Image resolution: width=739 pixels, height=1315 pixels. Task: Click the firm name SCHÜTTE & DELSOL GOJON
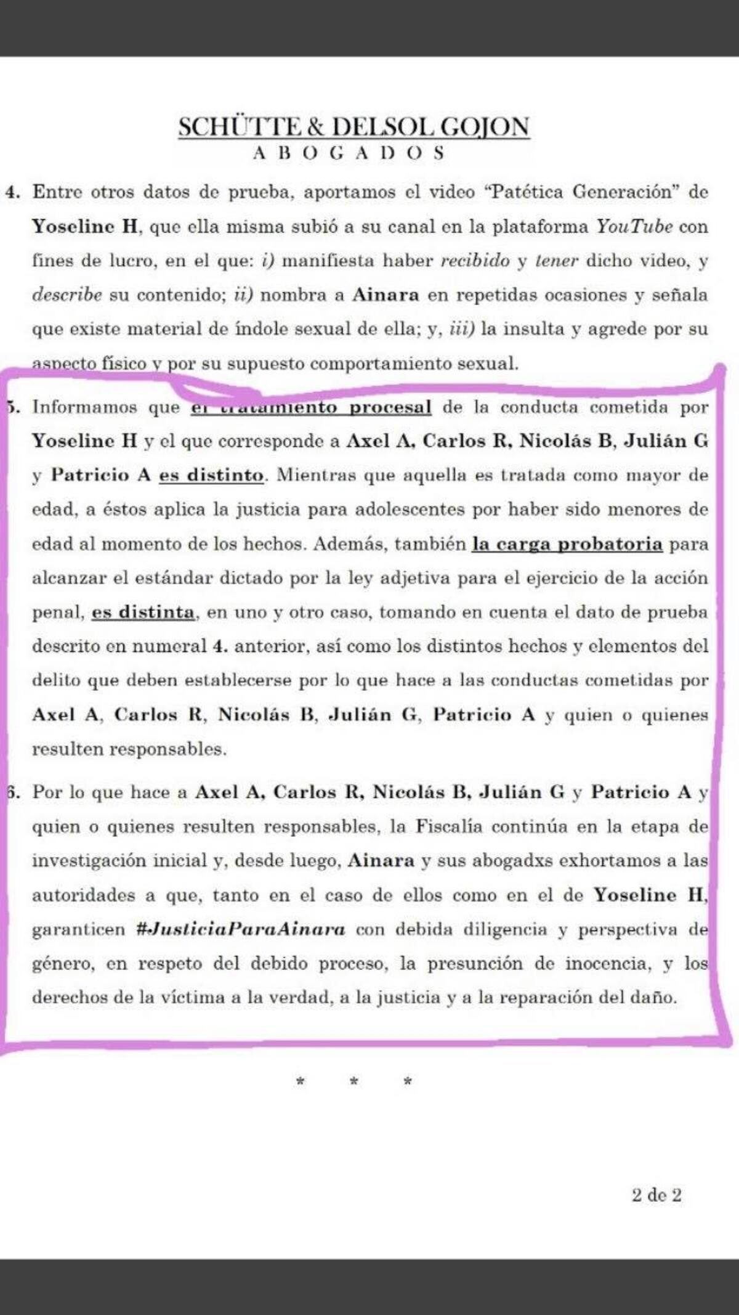click(354, 127)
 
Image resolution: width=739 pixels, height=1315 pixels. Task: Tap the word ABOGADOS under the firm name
click(348, 153)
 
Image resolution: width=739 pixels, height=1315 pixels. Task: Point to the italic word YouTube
click(634, 226)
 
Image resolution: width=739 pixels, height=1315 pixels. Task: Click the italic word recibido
click(475, 261)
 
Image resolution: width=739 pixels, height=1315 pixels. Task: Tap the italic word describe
click(67, 295)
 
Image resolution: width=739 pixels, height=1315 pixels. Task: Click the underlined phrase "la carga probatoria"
click(567, 544)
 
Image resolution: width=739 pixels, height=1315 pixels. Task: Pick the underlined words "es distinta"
click(143, 613)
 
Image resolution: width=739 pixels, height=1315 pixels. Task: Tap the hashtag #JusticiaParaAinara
click(240, 929)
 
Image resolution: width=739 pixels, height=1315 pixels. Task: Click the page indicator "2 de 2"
click(656, 1195)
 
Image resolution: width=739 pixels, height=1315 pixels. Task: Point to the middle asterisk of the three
click(353, 1081)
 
